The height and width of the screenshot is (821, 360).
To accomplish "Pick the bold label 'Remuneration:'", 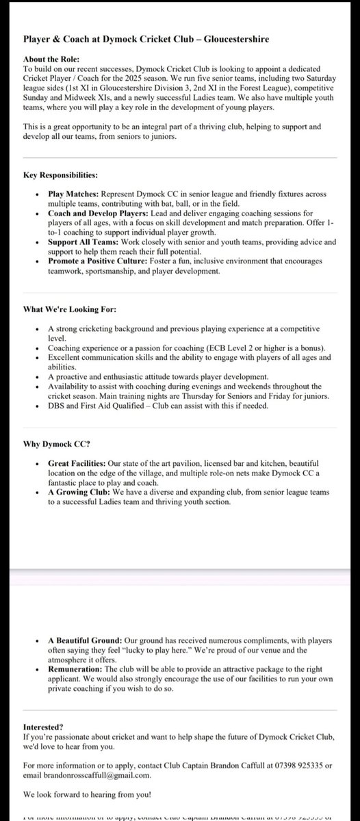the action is pyautogui.click(x=76, y=670).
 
